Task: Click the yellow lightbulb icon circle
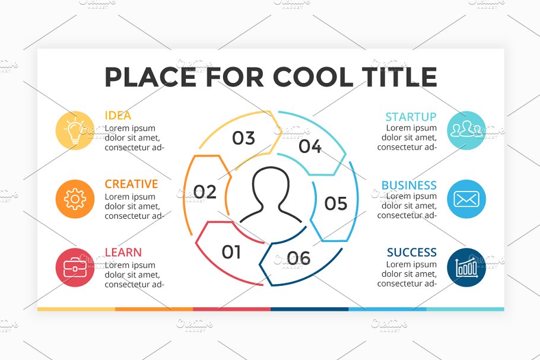(75, 130)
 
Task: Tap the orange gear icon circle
(75, 199)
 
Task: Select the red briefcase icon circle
(75, 267)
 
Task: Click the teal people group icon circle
(466, 130)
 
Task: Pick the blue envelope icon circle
(466, 199)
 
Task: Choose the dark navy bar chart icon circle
(466, 267)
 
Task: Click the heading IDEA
(117, 115)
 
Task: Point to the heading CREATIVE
(131, 184)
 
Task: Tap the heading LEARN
(123, 252)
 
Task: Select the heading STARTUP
(411, 117)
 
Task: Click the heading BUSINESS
(409, 185)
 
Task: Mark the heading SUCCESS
(412, 252)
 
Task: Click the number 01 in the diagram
(231, 252)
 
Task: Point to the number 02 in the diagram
(205, 192)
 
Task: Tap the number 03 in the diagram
(243, 138)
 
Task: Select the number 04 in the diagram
(310, 146)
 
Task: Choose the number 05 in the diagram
(336, 203)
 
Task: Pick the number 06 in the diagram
(299, 258)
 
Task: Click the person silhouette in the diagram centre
(271, 195)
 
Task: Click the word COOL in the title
(313, 77)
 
